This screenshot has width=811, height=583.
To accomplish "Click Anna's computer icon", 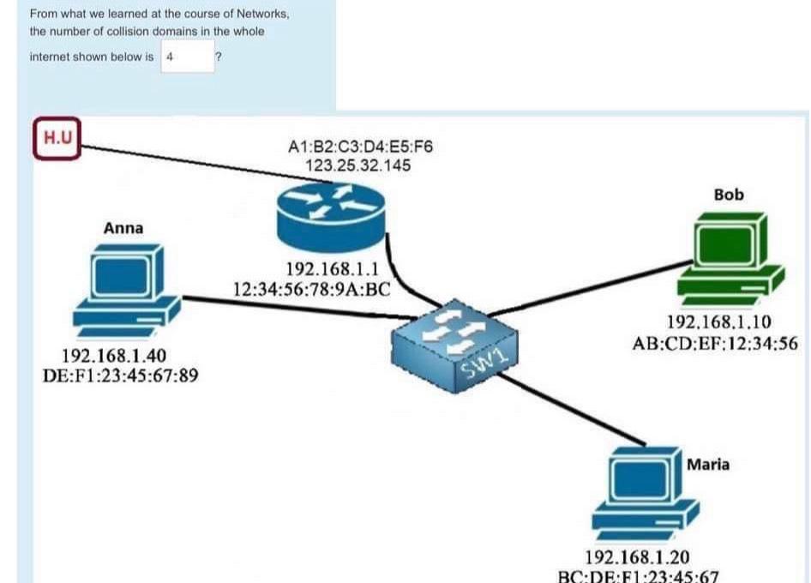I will [125, 291].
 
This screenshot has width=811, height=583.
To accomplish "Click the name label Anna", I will [123, 228].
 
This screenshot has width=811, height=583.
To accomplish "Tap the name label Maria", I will [708, 465].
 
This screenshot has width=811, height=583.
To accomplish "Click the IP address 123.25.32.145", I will [358, 165].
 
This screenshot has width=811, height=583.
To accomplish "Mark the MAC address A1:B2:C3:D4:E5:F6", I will [361, 147].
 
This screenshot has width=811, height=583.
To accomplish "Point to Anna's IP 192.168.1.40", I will [114, 356].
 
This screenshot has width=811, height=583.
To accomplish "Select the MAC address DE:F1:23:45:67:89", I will [121, 374].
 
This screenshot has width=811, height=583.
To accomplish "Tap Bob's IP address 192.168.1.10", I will [718, 323].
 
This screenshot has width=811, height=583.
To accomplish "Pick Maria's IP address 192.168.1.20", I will [637, 557].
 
